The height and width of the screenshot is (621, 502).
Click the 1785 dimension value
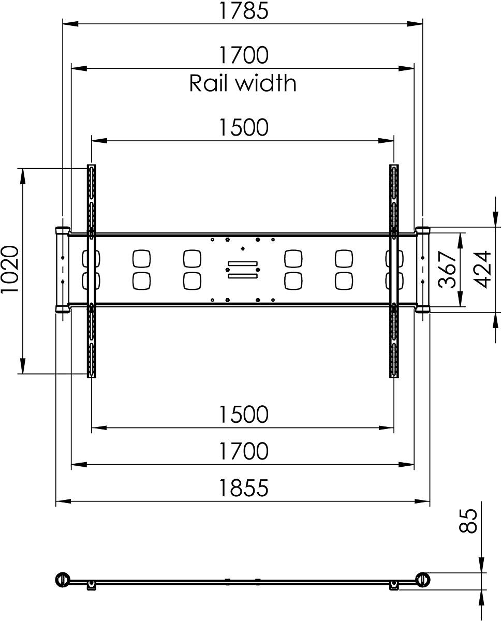click(243, 11)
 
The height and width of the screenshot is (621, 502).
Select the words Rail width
click(243, 83)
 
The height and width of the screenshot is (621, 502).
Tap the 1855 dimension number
click(243, 487)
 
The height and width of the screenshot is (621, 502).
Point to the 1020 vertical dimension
click(10, 269)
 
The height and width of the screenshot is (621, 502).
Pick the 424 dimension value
click(482, 269)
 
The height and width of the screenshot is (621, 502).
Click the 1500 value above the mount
click(243, 127)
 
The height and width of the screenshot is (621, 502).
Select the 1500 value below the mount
click(243, 414)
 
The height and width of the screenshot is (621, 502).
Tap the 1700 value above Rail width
click(243, 55)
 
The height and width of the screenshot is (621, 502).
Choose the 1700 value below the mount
click(243, 451)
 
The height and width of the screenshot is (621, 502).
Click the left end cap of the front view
click(62, 269)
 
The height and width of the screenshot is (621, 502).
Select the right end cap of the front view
click(423, 269)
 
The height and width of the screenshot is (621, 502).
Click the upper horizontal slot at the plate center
click(242, 264)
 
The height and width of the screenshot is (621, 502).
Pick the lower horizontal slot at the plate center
click(242, 275)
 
